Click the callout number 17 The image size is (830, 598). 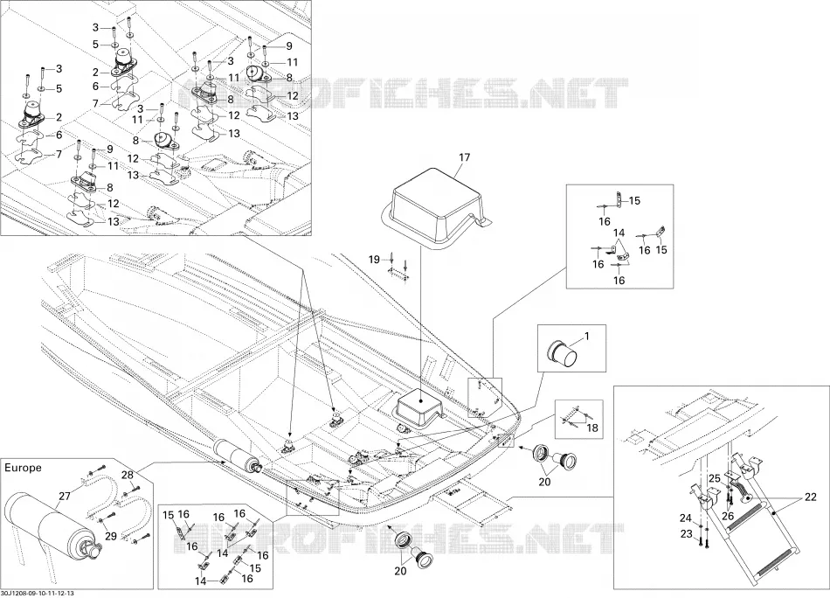pyautogui.click(x=464, y=157)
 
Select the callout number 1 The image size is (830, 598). pyautogui.click(x=586, y=336)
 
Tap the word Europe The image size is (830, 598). pyautogui.click(x=23, y=468)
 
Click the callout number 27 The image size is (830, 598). pyautogui.click(x=65, y=496)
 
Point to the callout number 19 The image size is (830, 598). pyautogui.click(x=374, y=260)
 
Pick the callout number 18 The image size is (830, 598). pyautogui.click(x=592, y=427)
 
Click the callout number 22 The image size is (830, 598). pyautogui.click(x=811, y=497)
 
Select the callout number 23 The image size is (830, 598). pyautogui.click(x=686, y=534)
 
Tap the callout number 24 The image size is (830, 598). pyautogui.click(x=686, y=518)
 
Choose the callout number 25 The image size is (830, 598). pyautogui.click(x=714, y=479)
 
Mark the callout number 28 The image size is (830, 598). pyautogui.click(x=128, y=475)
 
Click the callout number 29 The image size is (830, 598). pyautogui.click(x=111, y=537)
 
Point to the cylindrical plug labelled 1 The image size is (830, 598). pyautogui.click(x=561, y=353)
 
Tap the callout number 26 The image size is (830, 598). pyautogui.click(x=728, y=516)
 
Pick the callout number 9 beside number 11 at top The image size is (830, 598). pyautogui.click(x=289, y=46)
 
